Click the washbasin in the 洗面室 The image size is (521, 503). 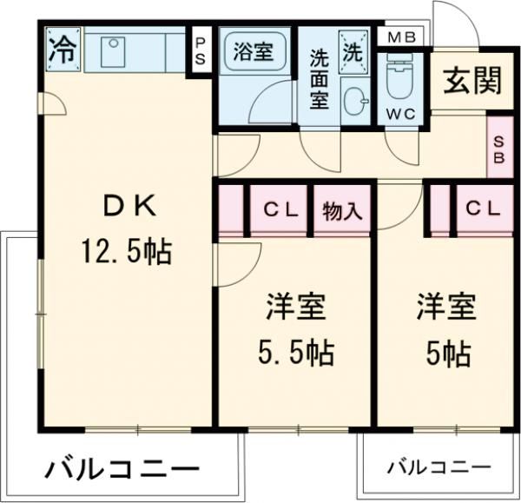pos(356,101)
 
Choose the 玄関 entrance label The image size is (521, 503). pos(473,81)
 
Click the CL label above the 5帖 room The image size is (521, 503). pos(483,208)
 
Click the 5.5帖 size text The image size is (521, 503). pos(295,352)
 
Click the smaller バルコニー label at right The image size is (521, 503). pos(439,467)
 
